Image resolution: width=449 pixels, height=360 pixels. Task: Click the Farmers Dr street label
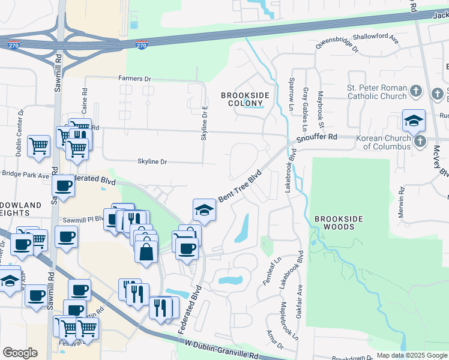(134, 79)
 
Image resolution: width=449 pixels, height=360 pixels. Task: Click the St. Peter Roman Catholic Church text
(377, 92)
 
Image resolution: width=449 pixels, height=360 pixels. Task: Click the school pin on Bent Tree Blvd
(203, 210)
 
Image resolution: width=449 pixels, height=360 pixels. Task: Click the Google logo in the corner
(19, 353)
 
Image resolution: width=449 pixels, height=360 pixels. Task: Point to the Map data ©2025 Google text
(412, 355)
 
